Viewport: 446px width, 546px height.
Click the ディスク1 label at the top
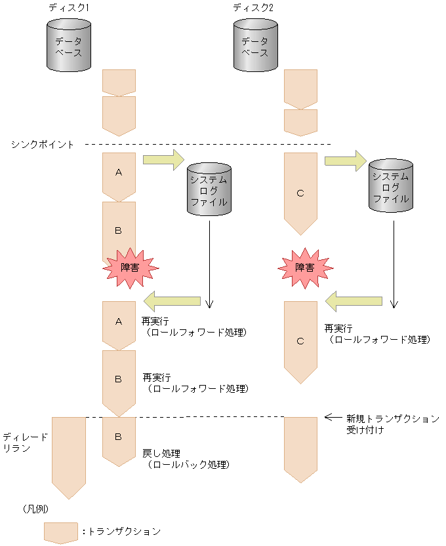[69, 7]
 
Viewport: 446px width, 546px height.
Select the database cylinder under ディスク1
[69, 45]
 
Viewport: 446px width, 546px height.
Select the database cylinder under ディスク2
[256, 45]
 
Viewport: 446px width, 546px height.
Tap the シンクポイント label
[43, 144]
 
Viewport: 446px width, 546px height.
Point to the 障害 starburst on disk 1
[131, 267]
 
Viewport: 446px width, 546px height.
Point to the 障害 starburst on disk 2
[304, 267]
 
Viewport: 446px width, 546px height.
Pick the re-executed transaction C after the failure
[300, 341]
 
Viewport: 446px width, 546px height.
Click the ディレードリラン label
[25, 442]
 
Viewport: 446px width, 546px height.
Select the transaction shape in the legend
[61, 532]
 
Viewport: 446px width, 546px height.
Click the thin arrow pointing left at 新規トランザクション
[334, 416]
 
